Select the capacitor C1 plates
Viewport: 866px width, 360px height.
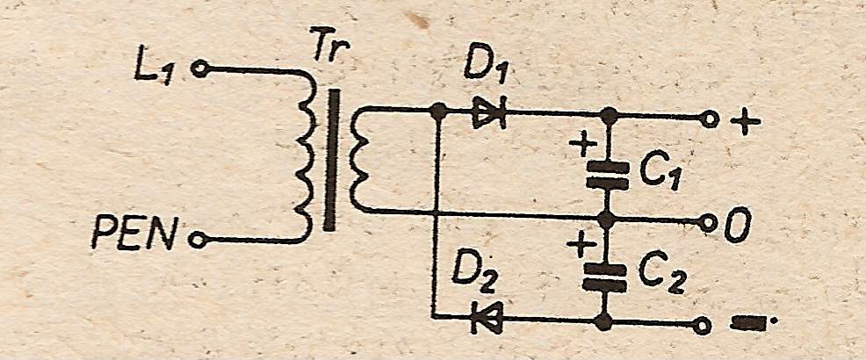606,175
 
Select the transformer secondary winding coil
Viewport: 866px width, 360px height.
358,160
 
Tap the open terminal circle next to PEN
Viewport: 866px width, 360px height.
197,238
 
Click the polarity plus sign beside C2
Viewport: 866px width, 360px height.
580,243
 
